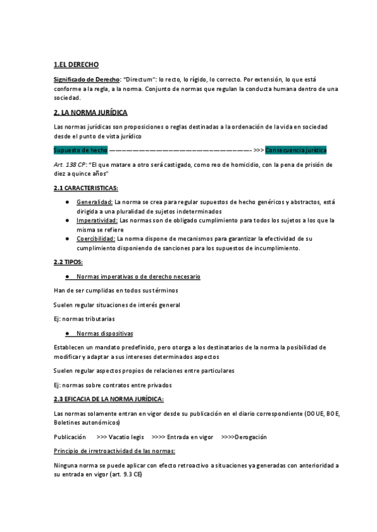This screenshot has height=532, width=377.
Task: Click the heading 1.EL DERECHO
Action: tap(76, 65)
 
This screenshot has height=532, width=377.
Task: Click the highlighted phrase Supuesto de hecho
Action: tap(80, 151)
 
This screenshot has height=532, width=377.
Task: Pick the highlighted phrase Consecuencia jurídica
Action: tap(296, 151)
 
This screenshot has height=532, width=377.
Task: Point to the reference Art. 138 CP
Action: tap(69, 164)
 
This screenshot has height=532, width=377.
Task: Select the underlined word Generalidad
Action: tap(94, 202)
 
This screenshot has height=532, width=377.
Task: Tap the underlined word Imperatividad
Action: tap(97, 220)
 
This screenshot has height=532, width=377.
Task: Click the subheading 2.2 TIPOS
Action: tap(68, 262)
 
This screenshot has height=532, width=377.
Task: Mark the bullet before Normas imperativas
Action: tap(67, 277)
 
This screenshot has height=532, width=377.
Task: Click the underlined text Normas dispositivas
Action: tap(104, 333)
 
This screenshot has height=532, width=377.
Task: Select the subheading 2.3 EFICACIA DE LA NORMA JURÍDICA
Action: tap(109, 399)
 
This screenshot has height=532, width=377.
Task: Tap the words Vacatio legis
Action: tap(129, 437)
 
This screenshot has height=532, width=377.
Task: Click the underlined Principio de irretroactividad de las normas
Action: tap(114, 451)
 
